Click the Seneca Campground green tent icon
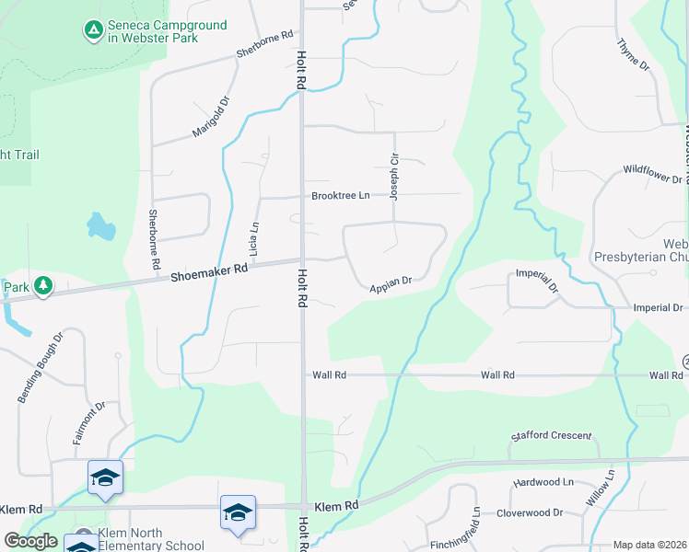(93, 31)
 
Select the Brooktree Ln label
(340, 196)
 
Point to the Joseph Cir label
(394, 177)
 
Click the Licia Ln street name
(254, 238)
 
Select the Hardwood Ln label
(543, 482)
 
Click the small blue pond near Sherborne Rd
(100, 225)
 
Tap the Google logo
(30, 541)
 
